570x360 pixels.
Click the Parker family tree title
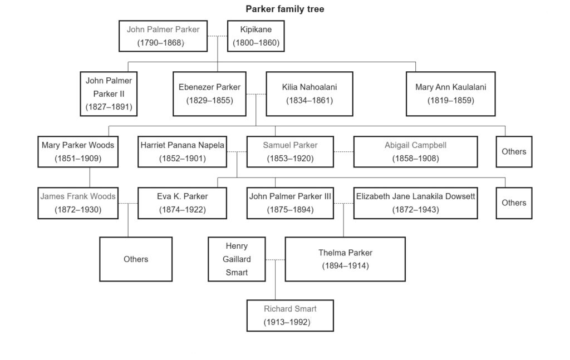pyautogui.click(x=284, y=9)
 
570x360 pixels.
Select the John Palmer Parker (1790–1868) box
pyautogui.click(x=163, y=36)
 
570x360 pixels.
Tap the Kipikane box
pyautogui.click(x=256, y=36)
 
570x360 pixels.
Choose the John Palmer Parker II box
pyautogui.click(x=109, y=93)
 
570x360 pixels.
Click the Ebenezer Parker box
pyautogui.click(x=209, y=93)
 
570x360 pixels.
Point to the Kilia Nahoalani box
pyautogui.click(x=309, y=93)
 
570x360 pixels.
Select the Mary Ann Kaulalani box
pyautogui.click(x=450, y=93)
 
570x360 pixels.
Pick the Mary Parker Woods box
pyautogui.click(x=78, y=152)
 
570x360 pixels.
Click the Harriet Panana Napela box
pyautogui.click(x=182, y=152)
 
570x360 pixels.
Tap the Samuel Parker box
pyautogui.click(x=290, y=152)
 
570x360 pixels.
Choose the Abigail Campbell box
pyautogui.click(x=415, y=152)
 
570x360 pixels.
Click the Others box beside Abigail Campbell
pyautogui.click(x=514, y=152)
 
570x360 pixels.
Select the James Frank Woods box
pyautogui.click(x=78, y=203)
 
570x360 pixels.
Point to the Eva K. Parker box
pyautogui.click(x=182, y=203)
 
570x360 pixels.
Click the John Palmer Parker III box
pyautogui.click(x=290, y=203)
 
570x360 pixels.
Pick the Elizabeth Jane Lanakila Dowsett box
pyautogui.click(x=415, y=203)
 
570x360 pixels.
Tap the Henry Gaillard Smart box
pyautogui.click(x=237, y=259)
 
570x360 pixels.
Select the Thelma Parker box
pyautogui.click(x=345, y=259)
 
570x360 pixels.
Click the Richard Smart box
pyautogui.click(x=290, y=315)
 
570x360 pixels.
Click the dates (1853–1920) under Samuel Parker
pyautogui.click(x=290, y=159)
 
